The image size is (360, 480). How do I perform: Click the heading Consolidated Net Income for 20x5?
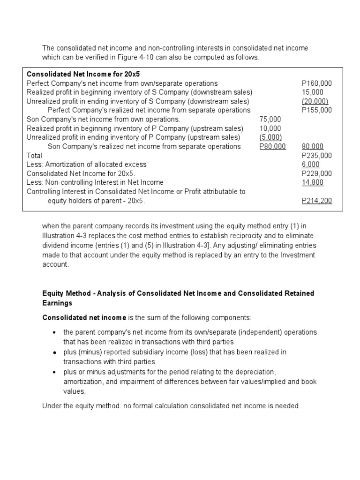click(83, 74)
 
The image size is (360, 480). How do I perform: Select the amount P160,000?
click(317, 83)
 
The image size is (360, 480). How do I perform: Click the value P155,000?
click(317, 110)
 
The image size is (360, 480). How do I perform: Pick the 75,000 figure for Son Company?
click(270, 120)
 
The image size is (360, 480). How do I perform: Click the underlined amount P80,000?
click(272, 146)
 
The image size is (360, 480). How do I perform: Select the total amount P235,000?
click(317, 155)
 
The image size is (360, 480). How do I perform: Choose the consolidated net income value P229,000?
click(317, 173)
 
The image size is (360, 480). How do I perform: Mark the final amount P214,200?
click(317, 201)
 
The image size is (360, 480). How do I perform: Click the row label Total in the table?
click(35, 155)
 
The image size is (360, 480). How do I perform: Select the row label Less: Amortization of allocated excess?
click(86, 164)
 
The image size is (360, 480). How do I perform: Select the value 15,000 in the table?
click(312, 92)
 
